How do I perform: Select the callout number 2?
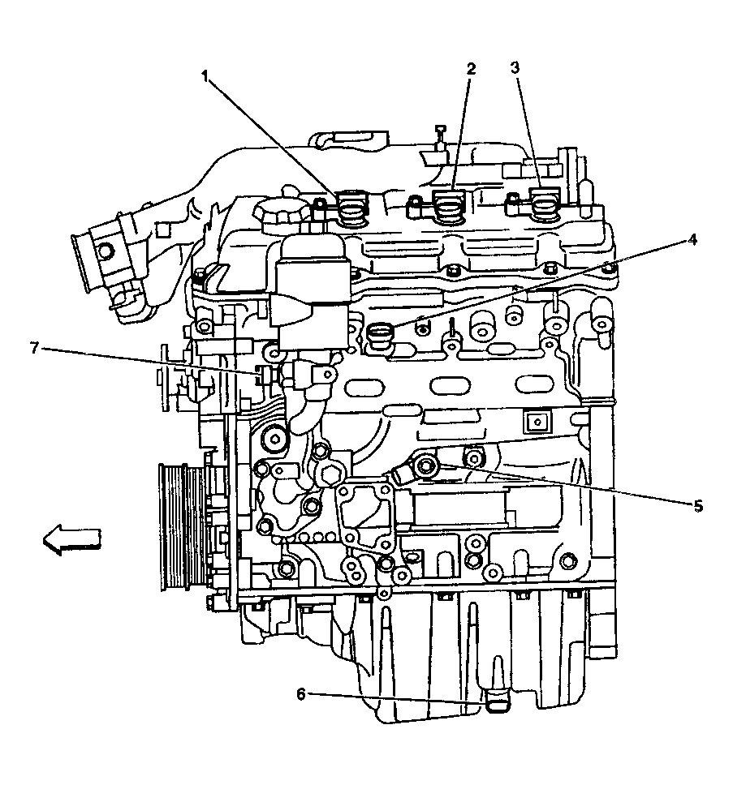tap(470, 69)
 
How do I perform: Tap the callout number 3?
tap(515, 68)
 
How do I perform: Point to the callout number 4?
tap(692, 239)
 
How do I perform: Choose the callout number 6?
tap(300, 693)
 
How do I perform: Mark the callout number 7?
tap(34, 348)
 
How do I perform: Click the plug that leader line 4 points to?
tap(379, 334)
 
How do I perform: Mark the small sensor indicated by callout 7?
tap(261, 374)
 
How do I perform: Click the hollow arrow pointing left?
tap(71, 538)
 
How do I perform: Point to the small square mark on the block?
tap(534, 421)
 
